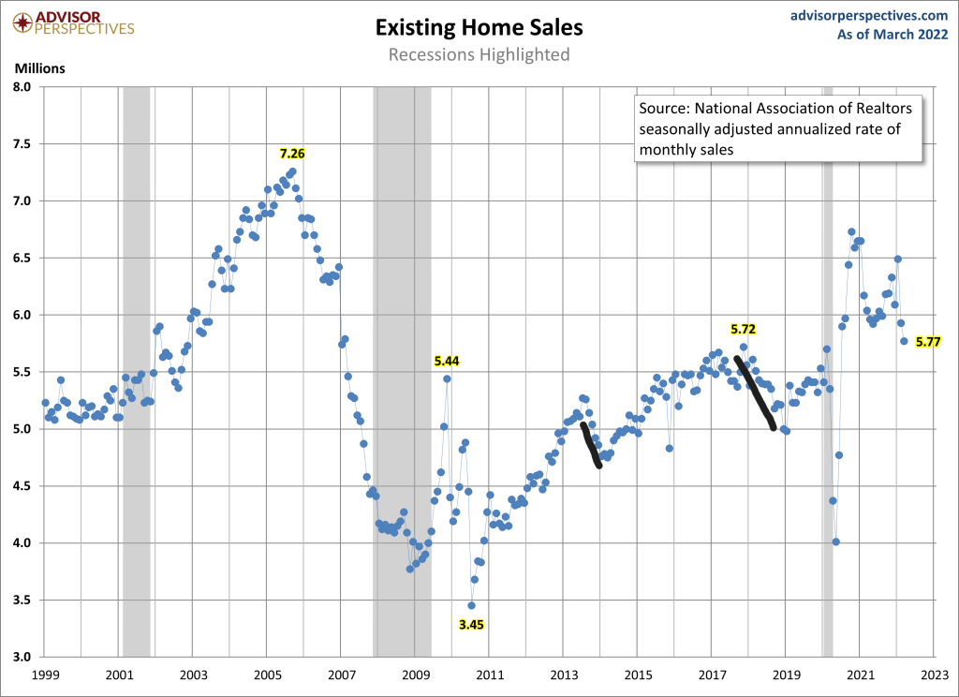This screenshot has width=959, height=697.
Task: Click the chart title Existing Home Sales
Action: click(x=479, y=27)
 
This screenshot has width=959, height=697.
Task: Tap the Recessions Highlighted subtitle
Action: click(x=479, y=54)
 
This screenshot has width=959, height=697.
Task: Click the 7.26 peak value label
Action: click(x=292, y=153)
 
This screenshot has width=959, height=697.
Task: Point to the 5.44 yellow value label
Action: click(x=447, y=361)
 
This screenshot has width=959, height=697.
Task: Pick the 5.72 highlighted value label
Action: click(x=743, y=330)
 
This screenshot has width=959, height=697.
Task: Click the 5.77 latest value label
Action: click(x=928, y=343)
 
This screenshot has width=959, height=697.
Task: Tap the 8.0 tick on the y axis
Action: click(x=22, y=87)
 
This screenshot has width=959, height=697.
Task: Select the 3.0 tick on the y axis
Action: click(x=22, y=657)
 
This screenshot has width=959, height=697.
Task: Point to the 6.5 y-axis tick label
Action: click(x=22, y=258)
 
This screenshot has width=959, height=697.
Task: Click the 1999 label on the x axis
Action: click(x=45, y=675)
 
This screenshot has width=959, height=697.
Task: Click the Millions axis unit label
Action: click(x=39, y=67)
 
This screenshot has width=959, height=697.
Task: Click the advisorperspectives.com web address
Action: click(x=870, y=15)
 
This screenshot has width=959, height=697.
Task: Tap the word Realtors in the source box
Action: click(x=879, y=108)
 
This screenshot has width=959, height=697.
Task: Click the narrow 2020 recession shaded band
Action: click(x=827, y=375)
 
